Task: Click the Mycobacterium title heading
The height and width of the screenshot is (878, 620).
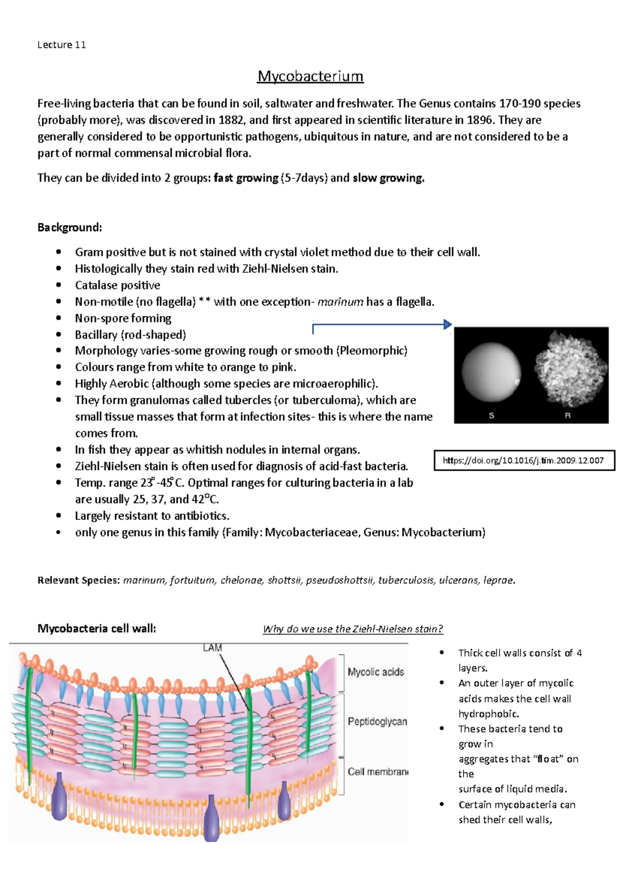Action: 310,77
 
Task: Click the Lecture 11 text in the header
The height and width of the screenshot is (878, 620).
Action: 61,45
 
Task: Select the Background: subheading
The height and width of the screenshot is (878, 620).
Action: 70,228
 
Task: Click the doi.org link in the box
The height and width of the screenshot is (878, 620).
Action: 523,460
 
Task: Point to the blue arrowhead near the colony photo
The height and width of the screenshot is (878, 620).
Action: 447,325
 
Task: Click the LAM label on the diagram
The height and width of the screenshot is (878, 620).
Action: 212,648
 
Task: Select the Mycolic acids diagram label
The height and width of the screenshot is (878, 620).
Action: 376,672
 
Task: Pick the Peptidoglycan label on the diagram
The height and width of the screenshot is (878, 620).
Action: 377,721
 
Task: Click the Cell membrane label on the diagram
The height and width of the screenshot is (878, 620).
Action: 378,771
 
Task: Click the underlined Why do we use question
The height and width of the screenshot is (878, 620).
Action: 353,629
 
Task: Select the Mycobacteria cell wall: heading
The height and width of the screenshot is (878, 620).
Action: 97,628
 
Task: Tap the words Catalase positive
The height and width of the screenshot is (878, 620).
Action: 117,285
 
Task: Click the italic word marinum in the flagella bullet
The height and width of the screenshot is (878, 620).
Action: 340,302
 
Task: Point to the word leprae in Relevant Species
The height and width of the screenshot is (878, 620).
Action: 498,580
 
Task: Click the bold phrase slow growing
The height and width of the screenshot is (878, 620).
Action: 388,178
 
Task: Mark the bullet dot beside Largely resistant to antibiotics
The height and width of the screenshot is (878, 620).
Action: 59,516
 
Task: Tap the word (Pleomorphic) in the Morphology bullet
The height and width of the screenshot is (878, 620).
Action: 371,351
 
